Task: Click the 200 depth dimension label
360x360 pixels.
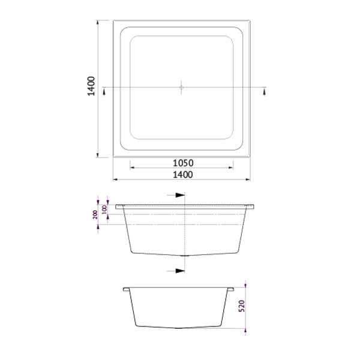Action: coord(95,214)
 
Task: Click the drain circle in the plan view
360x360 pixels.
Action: coord(182,88)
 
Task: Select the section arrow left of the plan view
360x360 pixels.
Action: coord(105,90)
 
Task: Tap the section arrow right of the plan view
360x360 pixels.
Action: coord(265,90)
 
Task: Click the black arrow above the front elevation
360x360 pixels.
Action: coord(178,196)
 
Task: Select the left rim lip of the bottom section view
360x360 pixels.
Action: coord(127,289)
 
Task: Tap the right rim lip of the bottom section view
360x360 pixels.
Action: coord(231,289)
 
